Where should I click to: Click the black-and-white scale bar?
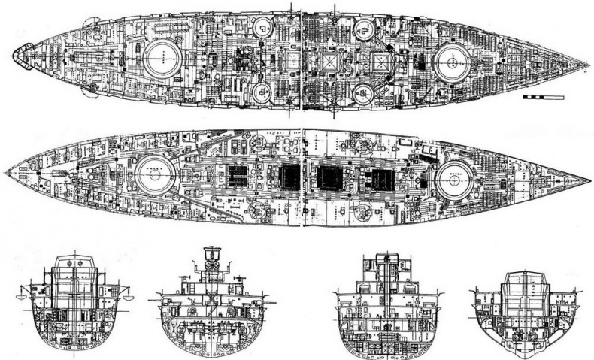(x=541, y=98)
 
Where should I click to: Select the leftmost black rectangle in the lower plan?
(x=238, y=177)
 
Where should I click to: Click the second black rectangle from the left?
(x=289, y=177)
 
